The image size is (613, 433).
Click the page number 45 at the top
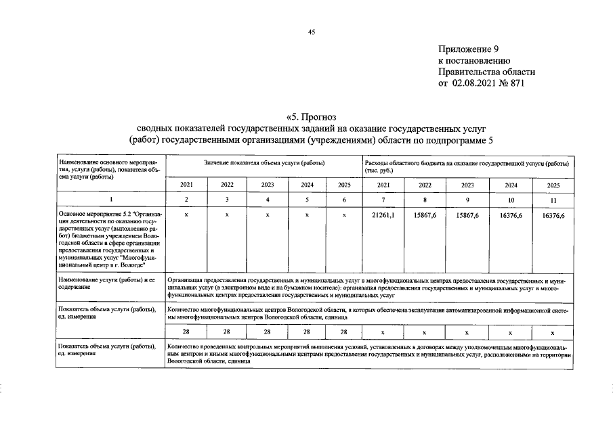pyautogui.click(x=312, y=32)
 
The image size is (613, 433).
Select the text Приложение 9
pyautogui.click(x=468, y=49)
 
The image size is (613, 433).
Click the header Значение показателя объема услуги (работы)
pyautogui.click(x=264, y=164)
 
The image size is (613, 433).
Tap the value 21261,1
pyautogui.click(x=383, y=214)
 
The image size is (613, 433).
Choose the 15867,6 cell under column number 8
pyautogui.click(x=425, y=214)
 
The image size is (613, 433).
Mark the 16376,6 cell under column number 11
pyautogui.click(x=553, y=214)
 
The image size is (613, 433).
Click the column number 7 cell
pyautogui.click(x=383, y=200)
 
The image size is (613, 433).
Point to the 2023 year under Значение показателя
pyautogui.click(x=268, y=185)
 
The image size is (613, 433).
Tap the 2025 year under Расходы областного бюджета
pyautogui.click(x=553, y=185)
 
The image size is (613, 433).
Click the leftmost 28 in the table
pyautogui.click(x=186, y=332)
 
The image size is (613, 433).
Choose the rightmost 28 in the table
pyautogui.click(x=344, y=332)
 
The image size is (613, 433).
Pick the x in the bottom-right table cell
pyautogui.click(x=553, y=332)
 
